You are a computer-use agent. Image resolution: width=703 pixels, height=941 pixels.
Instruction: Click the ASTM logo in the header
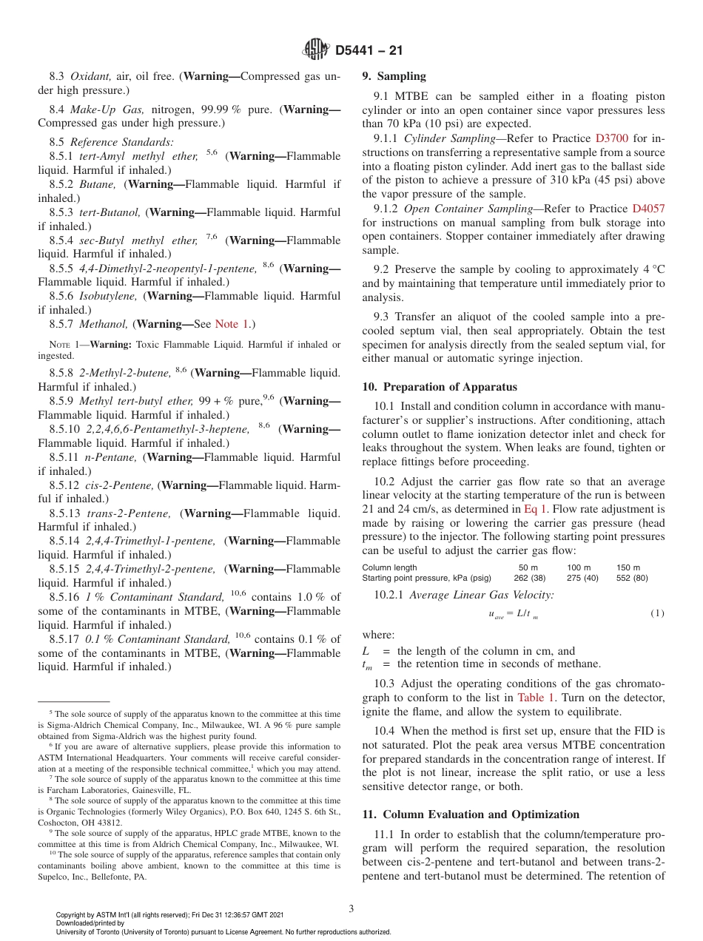coord(316,50)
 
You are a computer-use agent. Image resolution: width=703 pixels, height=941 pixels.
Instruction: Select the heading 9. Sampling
coord(394,76)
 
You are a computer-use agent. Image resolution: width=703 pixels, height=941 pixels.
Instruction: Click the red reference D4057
coord(648,209)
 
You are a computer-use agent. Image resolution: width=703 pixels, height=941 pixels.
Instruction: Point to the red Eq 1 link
coord(535,509)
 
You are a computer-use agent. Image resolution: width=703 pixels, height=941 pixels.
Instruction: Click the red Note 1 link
coord(232,324)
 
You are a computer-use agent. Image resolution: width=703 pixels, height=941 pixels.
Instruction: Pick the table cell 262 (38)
coord(529,578)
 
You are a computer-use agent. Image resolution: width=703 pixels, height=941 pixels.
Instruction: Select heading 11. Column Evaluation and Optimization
coord(471,814)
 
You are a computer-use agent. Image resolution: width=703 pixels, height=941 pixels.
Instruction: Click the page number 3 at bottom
coord(351,907)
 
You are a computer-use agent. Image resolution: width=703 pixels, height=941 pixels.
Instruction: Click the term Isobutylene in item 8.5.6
coord(108,296)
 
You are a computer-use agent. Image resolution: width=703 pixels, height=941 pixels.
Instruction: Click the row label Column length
coord(389,567)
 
